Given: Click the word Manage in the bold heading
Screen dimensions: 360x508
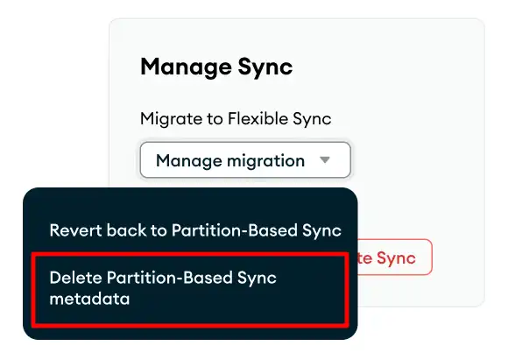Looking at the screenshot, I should click(x=180, y=67).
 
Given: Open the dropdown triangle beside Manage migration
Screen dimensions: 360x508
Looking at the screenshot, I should click(x=325, y=160).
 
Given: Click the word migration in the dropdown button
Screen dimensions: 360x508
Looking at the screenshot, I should click(x=263, y=161).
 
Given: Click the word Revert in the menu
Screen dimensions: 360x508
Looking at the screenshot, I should click(x=73, y=230).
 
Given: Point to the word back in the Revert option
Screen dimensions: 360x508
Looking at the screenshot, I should click(x=122, y=230).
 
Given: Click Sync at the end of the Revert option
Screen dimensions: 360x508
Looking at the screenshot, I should click(x=321, y=230).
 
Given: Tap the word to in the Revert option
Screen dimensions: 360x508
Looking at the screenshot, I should click(x=154, y=230).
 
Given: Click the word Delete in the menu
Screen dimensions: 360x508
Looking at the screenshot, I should click(x=74, y=278).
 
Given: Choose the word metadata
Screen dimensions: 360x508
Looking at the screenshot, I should click(x=89, y=300).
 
